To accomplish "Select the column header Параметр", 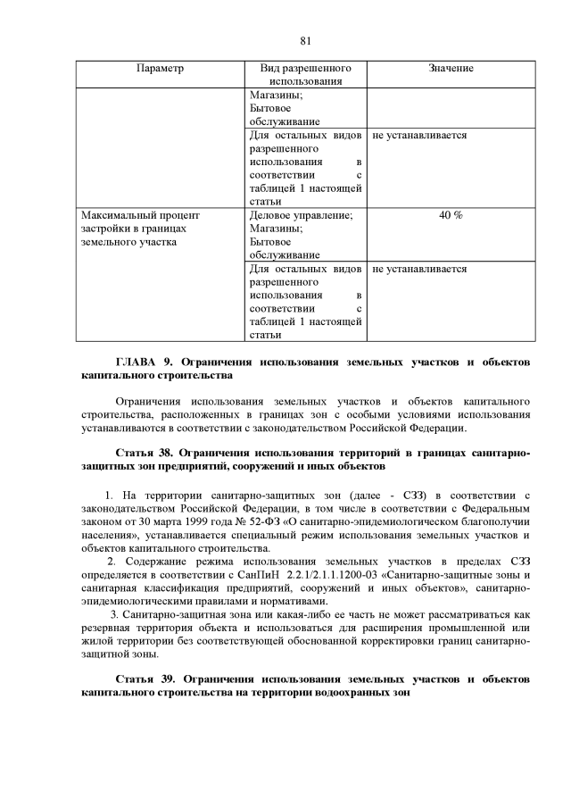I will click(x=160, y=69).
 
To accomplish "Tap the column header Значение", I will click(x=451, y=69).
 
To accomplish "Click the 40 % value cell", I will click(x=451, y=215).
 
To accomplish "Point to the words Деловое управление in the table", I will click(x=295, y=215).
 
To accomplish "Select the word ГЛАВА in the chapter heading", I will click(x=137, y=362).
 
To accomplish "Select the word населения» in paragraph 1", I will click(x=109, y=534).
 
